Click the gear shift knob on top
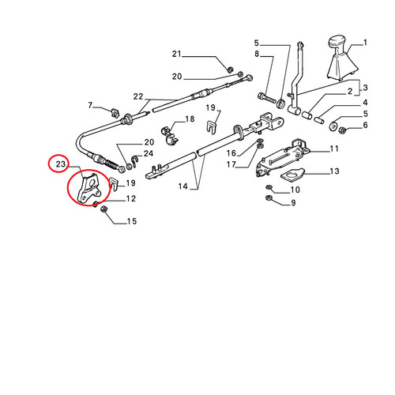(x=338, y=42)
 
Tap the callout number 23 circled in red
(x=60, y=164)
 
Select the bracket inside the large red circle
(x=88, y=188)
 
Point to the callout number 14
(x=182, y=186)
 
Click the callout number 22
(x=138, y=96)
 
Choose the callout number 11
(x=334, y=149)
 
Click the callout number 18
(x=190, y=119)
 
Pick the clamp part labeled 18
(x=168, y=135)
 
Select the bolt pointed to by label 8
(x=266, y=99)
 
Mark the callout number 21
(x=177, y=54)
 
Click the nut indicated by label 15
(x=104, y=209)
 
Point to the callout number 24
(x=149, y=153)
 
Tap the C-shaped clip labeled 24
(x=134, y=161)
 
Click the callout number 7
(x=90, y=105)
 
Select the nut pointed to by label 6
(x=342, y=130)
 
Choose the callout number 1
(x=365, y=43)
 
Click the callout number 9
(x=293, y=203)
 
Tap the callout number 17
(x=231, y=164)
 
